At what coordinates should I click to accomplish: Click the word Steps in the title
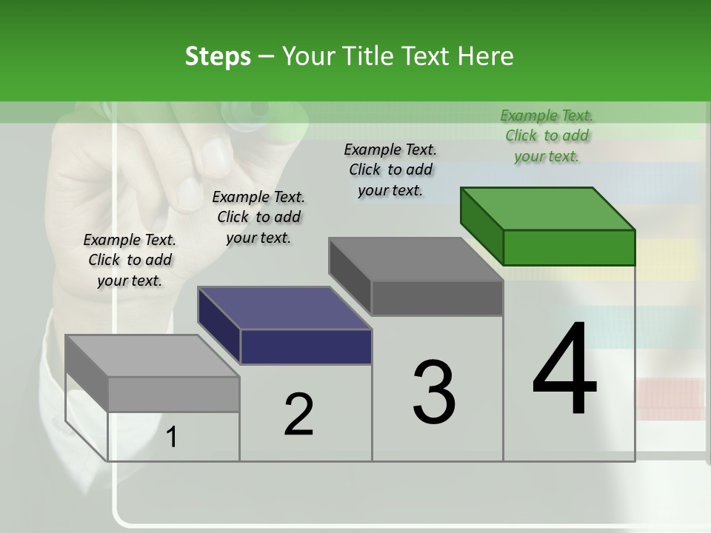coord(217,56)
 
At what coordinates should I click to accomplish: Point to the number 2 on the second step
coord(298,414)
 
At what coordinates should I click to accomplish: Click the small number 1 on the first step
coord(172,437)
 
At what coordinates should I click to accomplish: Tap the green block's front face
coord(569,247)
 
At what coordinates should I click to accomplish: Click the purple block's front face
coord(306,346)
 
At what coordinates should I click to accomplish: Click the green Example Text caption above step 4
coord(547,135)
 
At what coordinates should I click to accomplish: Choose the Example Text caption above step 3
coord(390,170)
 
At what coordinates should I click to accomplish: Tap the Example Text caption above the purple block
coord(258,217)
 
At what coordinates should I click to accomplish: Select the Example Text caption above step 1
coord(130,260)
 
